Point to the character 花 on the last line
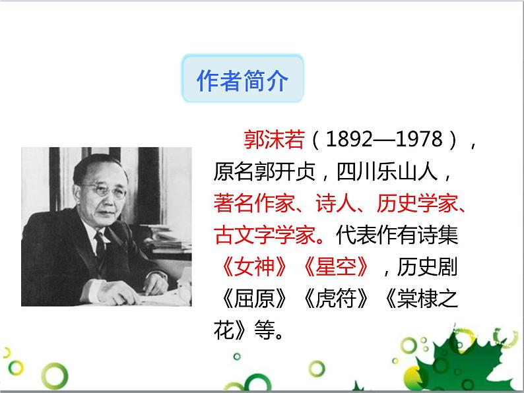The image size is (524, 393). [224, 328]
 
